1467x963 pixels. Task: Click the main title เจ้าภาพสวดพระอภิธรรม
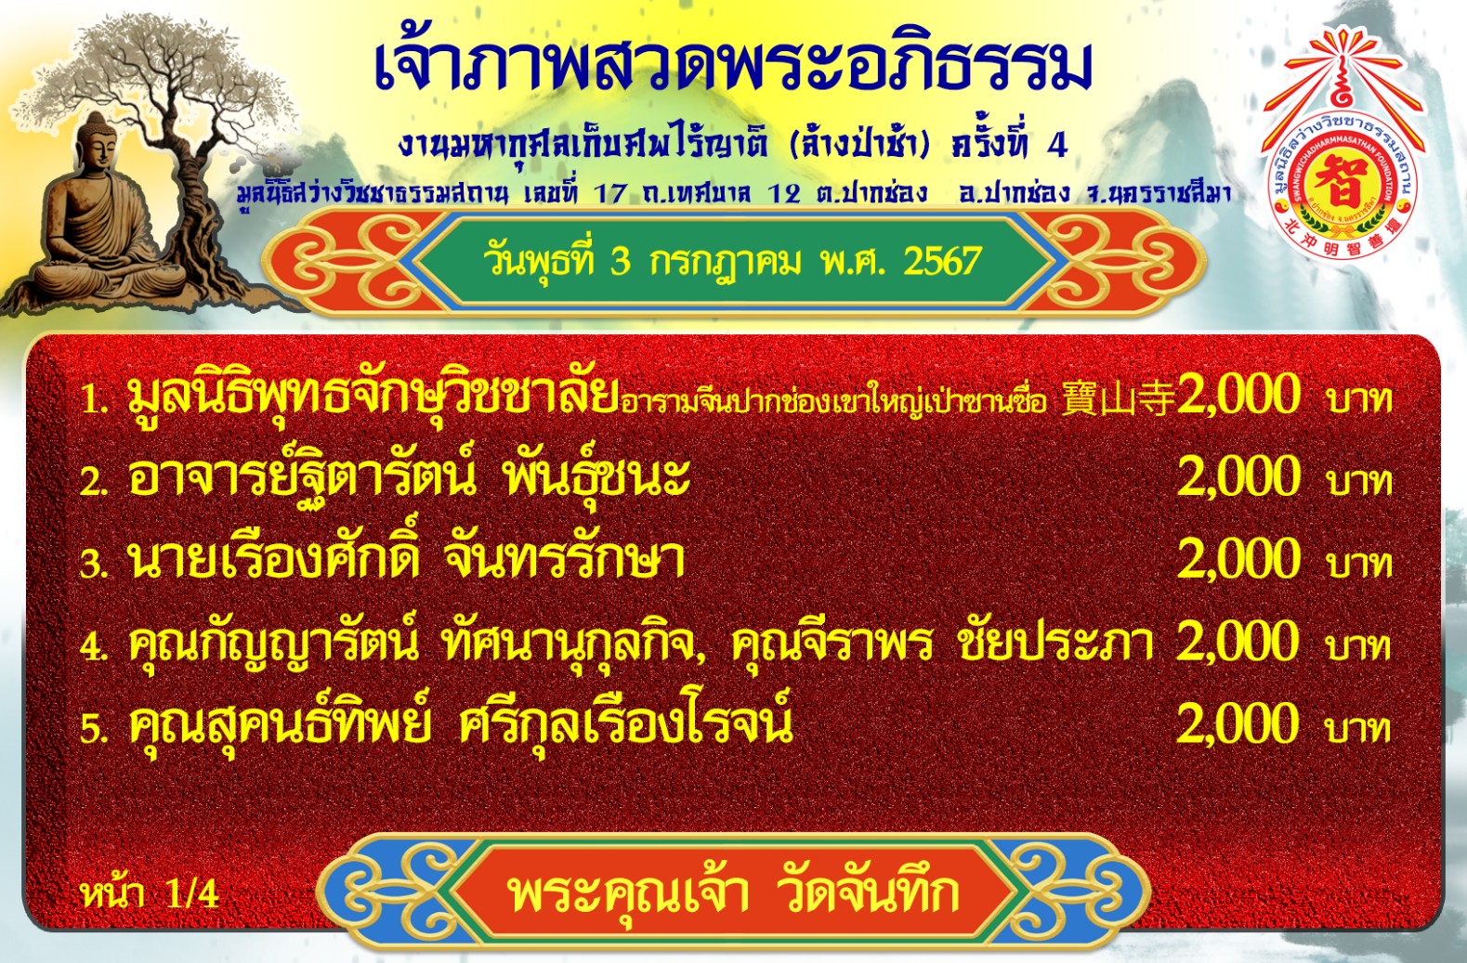734,65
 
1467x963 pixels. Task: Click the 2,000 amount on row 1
1238,394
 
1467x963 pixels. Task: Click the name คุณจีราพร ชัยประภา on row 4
941,641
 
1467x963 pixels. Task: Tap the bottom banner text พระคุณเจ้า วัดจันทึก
734,892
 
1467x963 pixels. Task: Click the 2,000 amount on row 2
1238,476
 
